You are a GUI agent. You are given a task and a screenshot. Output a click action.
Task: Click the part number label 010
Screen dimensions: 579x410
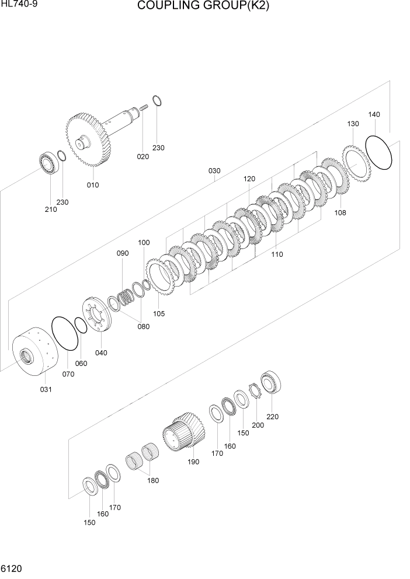93,185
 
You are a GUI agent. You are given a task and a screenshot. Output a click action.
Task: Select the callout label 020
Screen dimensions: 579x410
143,156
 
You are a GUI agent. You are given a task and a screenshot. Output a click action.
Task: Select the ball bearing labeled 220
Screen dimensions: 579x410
272,383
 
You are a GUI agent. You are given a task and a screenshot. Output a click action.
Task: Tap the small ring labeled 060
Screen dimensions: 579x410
82,325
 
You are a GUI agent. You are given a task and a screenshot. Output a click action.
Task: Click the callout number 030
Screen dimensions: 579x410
214,171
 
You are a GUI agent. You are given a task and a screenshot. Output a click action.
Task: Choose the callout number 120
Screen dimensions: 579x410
249,179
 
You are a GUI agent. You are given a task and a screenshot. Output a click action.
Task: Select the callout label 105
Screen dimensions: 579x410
159,313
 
